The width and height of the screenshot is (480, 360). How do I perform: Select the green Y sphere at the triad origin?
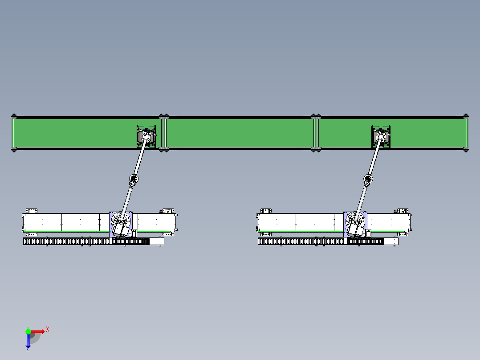pyautogui.click(x=28, y=331)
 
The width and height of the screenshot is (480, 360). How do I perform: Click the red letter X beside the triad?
pyautogui.click(x=48, y=330)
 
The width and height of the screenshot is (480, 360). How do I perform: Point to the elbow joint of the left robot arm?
pyautogui.click(x=134, y=179)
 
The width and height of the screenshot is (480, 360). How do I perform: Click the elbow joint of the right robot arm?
pyautogui.click(x=368, y=179)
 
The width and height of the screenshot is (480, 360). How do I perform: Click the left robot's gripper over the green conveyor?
pyautogui.click(x=146, y=136)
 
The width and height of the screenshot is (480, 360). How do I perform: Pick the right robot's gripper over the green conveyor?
pyautogui.click(x=381, y=136)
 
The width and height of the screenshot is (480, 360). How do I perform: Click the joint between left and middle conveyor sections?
pyautogui.click(x=164, y=133)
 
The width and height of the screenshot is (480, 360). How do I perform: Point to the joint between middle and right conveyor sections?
pyautogui.click(x=316, y=133)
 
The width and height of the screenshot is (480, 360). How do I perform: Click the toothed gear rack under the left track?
pyautogui.click(x=86, y=241)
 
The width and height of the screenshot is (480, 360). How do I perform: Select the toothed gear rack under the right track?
pyautogui.click(x=321, y=241)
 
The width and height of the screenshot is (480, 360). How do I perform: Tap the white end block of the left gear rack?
pyautogui.click(x=156, y=241)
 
